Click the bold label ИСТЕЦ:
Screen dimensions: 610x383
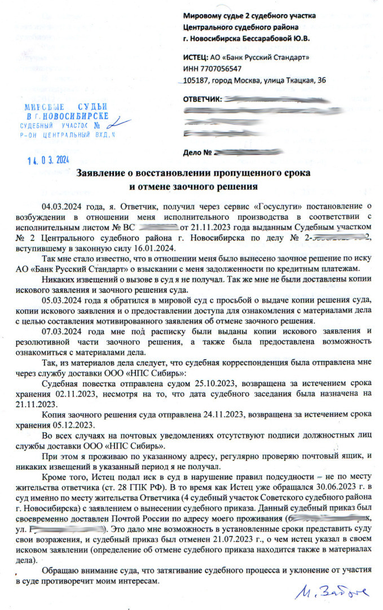195,58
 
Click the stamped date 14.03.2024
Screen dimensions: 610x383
47,160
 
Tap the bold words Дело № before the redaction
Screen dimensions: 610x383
197,152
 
